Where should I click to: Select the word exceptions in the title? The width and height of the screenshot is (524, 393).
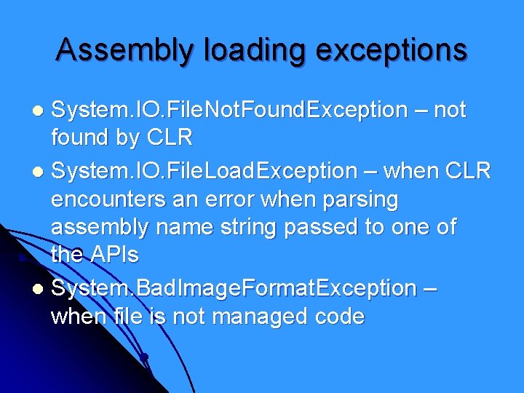(388, 49)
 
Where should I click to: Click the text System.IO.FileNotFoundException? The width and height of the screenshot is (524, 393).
(229, 111)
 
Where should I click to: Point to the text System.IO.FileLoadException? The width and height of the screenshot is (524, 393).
(205, 170)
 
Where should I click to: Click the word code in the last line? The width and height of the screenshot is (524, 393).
(338, 317)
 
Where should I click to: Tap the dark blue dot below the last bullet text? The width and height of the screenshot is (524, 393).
(144, 357)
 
